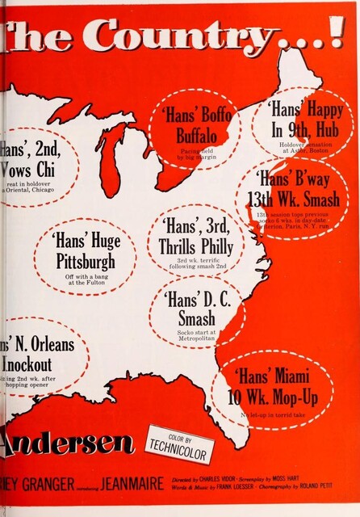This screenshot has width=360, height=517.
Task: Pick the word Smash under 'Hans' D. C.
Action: (196, 317)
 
